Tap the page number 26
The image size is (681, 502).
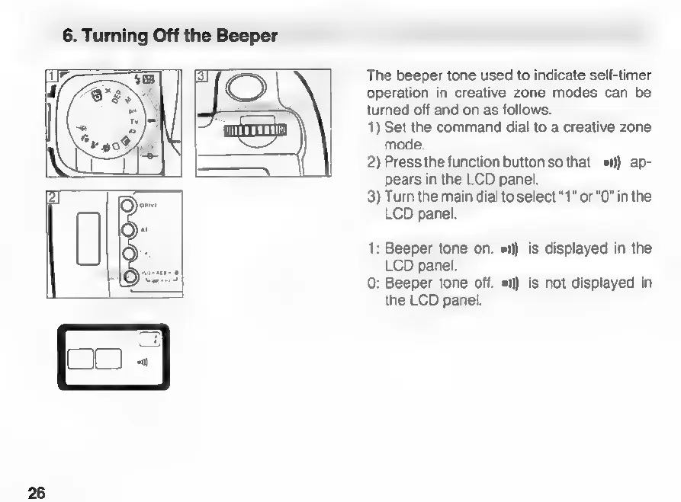[37, 492]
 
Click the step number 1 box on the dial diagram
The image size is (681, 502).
[51, 75]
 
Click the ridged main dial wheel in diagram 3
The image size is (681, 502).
[255, 129]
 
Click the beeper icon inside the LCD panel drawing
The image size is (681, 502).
[143, 361]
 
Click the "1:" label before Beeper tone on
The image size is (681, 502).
[372, 249]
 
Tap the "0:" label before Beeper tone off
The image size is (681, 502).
[372, 283]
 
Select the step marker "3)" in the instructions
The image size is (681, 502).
[373, 197]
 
